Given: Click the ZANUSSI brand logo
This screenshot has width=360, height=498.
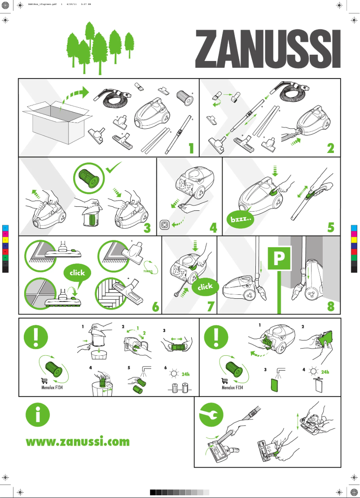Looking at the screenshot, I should (268, 49).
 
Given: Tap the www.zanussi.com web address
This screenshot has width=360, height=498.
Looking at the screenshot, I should (78, 441).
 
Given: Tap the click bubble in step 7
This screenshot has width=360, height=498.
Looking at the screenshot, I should (205, 287).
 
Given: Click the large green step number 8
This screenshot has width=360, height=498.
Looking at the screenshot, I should (331, 307).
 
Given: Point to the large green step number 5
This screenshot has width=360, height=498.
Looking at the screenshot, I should (331, 227).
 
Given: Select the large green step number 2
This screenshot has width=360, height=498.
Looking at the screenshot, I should (331, 149).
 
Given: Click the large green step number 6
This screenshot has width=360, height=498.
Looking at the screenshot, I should (155, 307).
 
